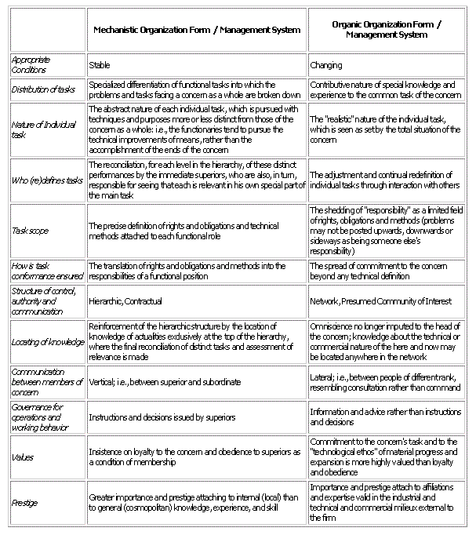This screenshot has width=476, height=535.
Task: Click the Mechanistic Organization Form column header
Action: (x=197, y=30)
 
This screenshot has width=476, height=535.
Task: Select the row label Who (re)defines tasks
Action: (x=48, y=180)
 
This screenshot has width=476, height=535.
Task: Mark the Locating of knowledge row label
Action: (x=47, y=342)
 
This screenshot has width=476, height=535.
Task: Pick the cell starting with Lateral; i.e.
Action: (x=386, y=382)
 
